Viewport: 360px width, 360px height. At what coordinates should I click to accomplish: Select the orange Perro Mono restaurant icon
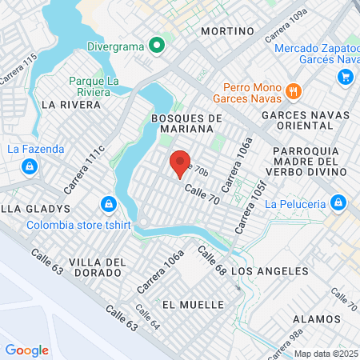point(293,90)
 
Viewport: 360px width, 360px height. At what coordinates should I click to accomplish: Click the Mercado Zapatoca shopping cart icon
point(346,76)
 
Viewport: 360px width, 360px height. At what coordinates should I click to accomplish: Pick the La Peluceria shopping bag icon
point(338,202)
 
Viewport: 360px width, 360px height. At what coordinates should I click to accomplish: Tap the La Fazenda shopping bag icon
point(29,166)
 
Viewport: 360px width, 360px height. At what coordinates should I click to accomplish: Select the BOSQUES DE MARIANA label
point(186,125)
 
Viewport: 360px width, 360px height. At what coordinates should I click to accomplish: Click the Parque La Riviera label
point(100,86)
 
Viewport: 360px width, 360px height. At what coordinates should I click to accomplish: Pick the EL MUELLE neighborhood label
point(185,305)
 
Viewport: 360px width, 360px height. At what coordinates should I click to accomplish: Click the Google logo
point(26,350)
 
